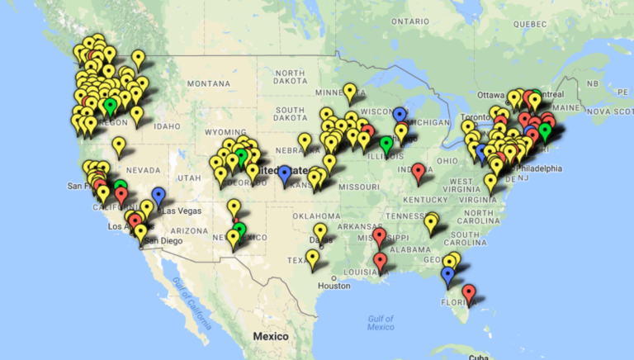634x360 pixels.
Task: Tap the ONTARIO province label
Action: point(410,21)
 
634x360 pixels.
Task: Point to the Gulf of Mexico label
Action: point(381,322)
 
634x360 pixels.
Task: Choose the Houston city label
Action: point(334,286)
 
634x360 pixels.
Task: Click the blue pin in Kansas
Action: point(285,175)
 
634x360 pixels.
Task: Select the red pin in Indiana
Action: point(419,173)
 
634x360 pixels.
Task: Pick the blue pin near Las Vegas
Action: point(158,196)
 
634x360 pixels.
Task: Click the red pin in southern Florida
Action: point(469,293)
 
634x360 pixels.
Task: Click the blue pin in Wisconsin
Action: point(400,116)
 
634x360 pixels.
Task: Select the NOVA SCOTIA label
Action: point(609,111)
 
